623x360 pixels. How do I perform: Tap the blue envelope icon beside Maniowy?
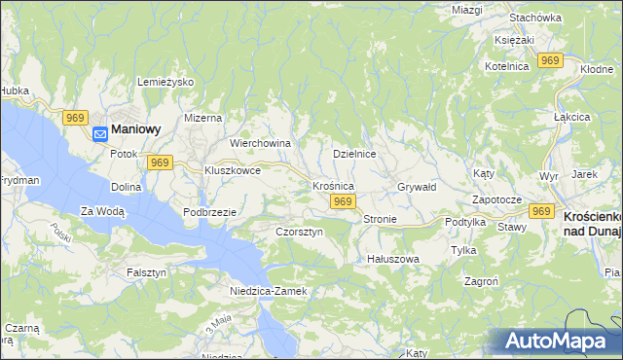point(100,136)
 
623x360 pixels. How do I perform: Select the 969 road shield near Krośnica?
point(341,201)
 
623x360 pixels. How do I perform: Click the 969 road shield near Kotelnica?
point(551,60)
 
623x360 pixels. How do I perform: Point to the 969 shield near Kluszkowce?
point(161,162)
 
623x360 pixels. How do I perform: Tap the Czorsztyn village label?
point(299,233)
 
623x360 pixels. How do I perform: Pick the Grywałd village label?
point(417,186)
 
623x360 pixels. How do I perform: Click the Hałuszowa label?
point(392,259)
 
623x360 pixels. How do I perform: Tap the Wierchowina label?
point(260,143)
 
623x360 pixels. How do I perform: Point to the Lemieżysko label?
point(166,83)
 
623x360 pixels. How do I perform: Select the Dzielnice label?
point(354,154)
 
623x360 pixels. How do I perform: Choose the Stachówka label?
point(536,18)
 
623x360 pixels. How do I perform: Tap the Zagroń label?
point(483,279)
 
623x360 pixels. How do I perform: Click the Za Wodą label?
point(102,210)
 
